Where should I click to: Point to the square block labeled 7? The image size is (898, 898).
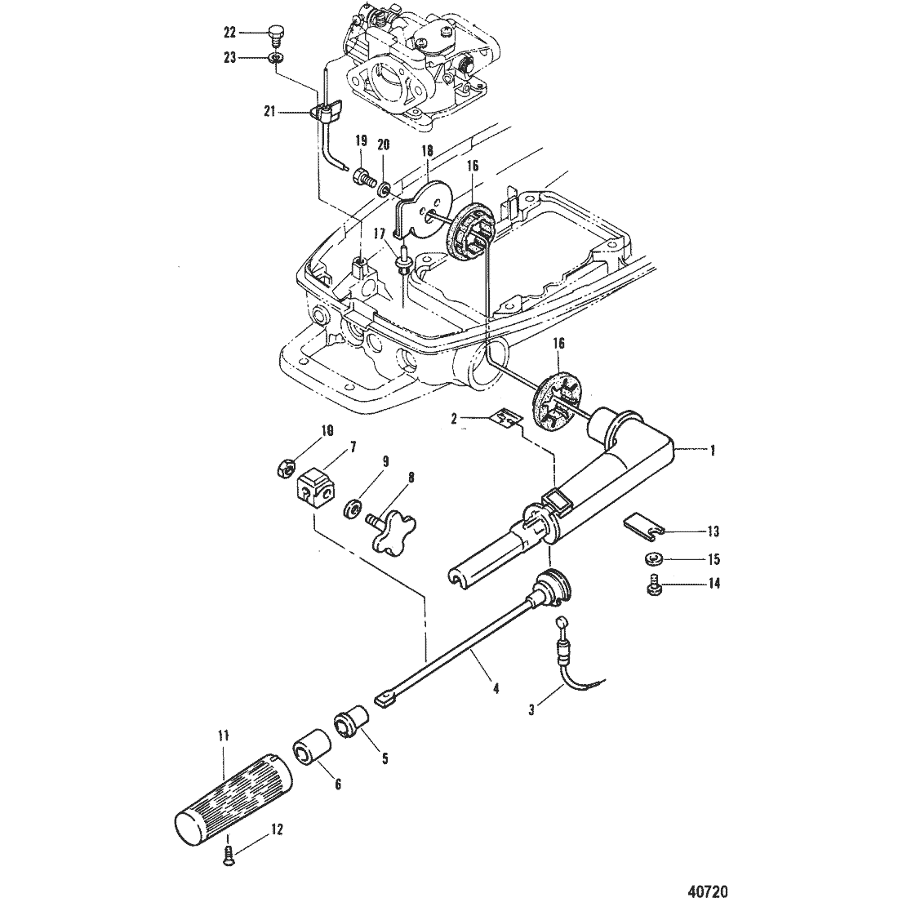tap(316, 487)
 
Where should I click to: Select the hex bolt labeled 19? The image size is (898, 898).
tap(364, 177)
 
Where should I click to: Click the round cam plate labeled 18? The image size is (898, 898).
tap(424, 209)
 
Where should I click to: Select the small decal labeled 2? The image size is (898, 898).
tap(506, 420)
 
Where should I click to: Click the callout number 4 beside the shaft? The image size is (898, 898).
tap(496, 687)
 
